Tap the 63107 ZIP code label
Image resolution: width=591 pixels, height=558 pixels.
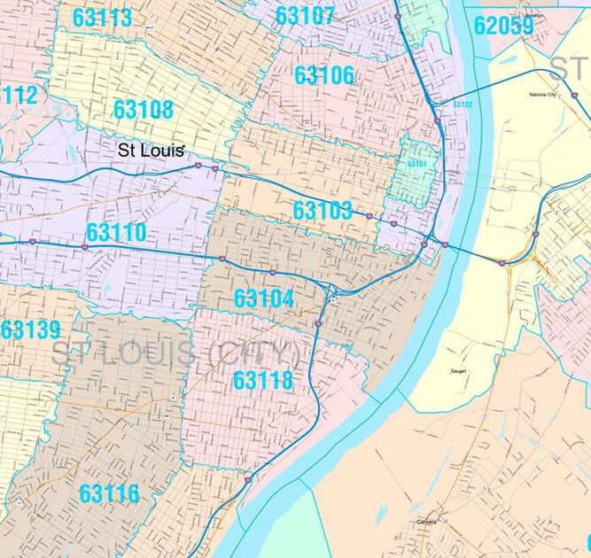point(305,16)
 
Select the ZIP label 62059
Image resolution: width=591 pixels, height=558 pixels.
point(502,25)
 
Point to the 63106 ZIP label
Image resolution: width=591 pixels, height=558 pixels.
point(323,75)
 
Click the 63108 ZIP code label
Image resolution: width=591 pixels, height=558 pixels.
point(143,110)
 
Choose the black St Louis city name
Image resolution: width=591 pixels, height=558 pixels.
point(151,150)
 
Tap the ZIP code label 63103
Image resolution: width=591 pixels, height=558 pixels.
point(323,211)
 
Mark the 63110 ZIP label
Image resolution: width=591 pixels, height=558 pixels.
point(116,235)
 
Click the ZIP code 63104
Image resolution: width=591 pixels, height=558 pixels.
point(263,298)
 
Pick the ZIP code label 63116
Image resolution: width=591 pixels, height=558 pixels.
point(108,493)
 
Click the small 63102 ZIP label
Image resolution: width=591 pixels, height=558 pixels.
point(462,105)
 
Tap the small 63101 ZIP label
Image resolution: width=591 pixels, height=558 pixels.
point(416,164)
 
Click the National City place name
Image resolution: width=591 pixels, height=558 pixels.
point(541,94)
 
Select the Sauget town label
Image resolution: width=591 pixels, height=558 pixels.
point(458,371)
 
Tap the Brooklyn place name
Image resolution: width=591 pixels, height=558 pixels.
point(533,16)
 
